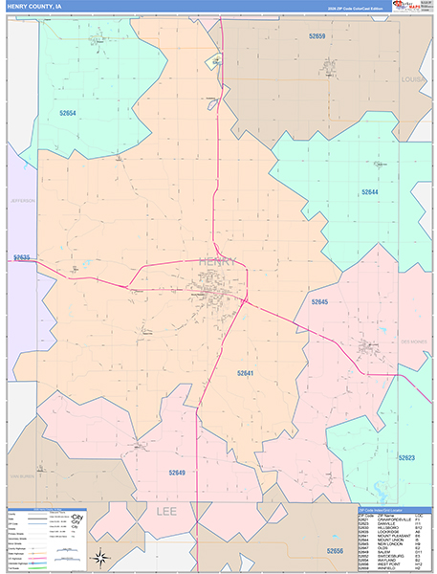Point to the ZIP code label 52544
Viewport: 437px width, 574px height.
(x=369, y=191)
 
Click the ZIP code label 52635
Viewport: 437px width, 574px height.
(x=22, y=257)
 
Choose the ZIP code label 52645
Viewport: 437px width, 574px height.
(x=319, y=301)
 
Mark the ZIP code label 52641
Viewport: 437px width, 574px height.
(x=249, y=373)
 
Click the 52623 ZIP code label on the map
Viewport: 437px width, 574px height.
(x=405, y=458)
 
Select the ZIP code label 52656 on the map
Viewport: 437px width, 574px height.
(x=335, y=551)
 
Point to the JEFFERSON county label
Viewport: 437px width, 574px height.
(x=22, y=201)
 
